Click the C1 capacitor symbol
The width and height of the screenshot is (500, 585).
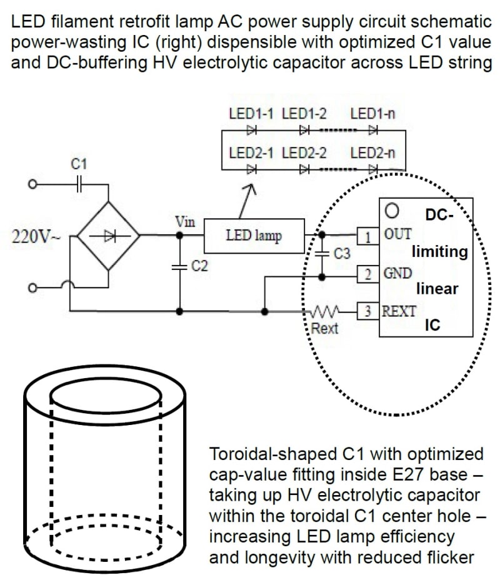(78, 184)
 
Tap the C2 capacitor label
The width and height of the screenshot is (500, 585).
(199, 266)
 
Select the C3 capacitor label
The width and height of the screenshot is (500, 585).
(342, 254)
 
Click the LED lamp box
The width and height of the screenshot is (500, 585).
(254, 236)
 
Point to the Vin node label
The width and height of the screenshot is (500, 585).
(185, 222)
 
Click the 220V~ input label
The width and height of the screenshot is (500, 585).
(36, 236)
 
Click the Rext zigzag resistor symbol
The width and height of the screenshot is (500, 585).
(326, 311)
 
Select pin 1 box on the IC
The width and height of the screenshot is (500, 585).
(368, 236)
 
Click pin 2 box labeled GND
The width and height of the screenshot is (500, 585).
(368, 274)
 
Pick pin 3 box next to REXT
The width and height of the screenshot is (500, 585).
(368, 311)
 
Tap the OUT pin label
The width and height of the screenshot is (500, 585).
(397, 234)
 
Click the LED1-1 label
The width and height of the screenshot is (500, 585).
(251, 113)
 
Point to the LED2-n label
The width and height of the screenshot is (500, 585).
(372, 153)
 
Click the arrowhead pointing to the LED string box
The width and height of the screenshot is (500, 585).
(251, 188)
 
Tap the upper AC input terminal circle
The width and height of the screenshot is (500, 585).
(33, 184)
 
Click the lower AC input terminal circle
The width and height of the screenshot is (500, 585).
(33, 287)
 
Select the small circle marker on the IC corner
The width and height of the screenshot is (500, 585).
(392, 211)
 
